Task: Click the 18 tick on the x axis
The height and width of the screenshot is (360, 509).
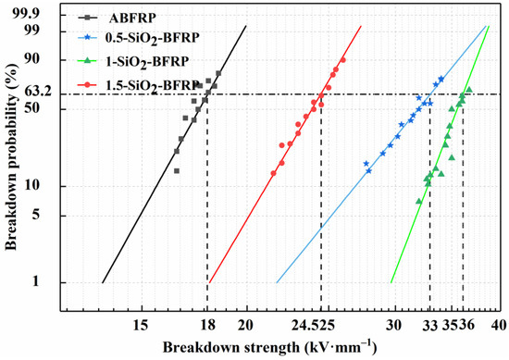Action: pyautogui.click(x=207, y=323)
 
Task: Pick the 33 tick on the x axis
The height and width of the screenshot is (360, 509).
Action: pyautogui.click(x=430, y=323)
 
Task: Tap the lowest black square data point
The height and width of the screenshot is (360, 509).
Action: pyautogui.click(x=176, y=170)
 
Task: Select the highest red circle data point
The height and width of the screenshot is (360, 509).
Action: pyautogui.click(x=342, y=60)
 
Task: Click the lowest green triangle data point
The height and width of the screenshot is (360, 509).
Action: pyautogui.click(x=418, y=201)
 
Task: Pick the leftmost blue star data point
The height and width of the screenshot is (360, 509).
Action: pyautogui.click(x=366, y=164)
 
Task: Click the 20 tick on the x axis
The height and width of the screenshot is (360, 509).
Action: pyautogui.click(x=246, y=323)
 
